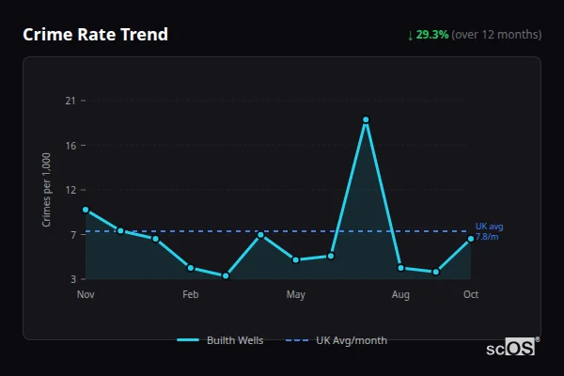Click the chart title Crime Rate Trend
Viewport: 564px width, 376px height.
95,35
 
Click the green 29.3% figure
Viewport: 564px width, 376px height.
432,35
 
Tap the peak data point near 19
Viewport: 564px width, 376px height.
366,120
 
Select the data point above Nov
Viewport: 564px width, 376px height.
86,210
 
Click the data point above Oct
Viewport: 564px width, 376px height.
471,239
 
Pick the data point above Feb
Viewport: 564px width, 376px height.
191,268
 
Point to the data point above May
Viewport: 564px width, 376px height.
296,259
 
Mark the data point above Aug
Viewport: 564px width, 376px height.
400,268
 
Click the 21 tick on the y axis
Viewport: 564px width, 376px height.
70,101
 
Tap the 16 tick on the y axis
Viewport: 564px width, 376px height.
70,146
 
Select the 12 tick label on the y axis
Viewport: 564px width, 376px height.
70,190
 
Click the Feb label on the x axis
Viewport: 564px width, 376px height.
191,295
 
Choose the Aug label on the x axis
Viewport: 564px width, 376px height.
400,295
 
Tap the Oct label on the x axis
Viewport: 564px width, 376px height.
471,295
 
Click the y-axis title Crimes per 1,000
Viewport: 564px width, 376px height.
46,190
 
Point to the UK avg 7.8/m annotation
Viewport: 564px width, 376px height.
489,232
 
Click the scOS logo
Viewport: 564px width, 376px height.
511,348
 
